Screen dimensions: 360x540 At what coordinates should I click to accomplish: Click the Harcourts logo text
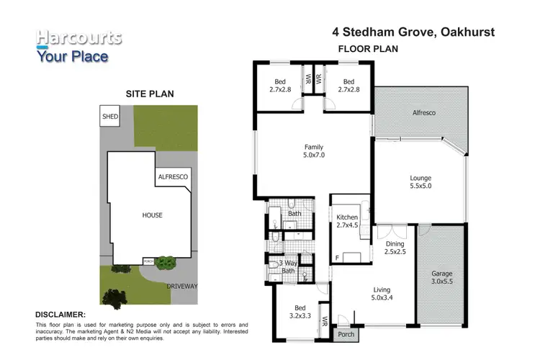tap(79, 37)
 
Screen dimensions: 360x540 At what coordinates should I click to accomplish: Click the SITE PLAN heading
tap(150, 94)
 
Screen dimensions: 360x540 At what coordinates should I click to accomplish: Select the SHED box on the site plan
tap(109, 116)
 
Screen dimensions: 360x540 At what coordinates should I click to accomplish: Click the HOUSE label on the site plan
tap(151, 215)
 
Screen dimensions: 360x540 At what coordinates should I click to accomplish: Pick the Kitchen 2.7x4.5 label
tap(347, 221)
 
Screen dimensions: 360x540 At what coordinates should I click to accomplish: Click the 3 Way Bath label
tap(288, 267)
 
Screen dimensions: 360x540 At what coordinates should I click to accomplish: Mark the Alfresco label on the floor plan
tap(424, 113)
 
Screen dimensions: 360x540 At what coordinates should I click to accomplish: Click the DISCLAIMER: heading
tap(61, 315)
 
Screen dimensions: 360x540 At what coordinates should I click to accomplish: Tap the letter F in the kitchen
tap(337, 258)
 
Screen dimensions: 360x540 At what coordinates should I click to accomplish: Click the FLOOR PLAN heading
tap(367, 49)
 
